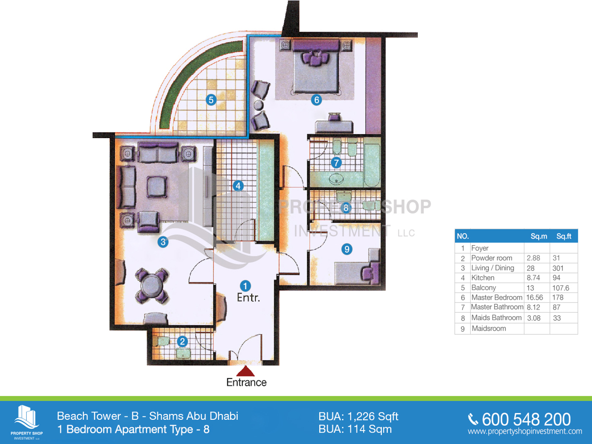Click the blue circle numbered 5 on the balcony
(x=211, y=100)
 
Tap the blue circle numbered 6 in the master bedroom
(x=316, y=100)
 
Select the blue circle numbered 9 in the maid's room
(x=347, y=249)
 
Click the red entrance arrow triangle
(x=245, y=371)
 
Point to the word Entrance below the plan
(x=246, y=382)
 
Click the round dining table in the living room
(x=152, y=286)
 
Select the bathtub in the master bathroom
(x=372, y=165)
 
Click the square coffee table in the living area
(x=157, y=186)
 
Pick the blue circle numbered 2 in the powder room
(x=183, y=341)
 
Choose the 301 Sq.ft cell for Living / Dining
(x=558, y=268)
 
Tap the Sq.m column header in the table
(x=539, y=236)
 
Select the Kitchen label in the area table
(x=483, y=278)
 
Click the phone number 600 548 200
(x=526, y=419)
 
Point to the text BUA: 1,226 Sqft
(x=358, y=416)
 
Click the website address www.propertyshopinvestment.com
(x=525, y=431)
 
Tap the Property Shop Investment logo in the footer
(x=27, y=422)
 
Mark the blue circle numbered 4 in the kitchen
(x=238, y=186)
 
